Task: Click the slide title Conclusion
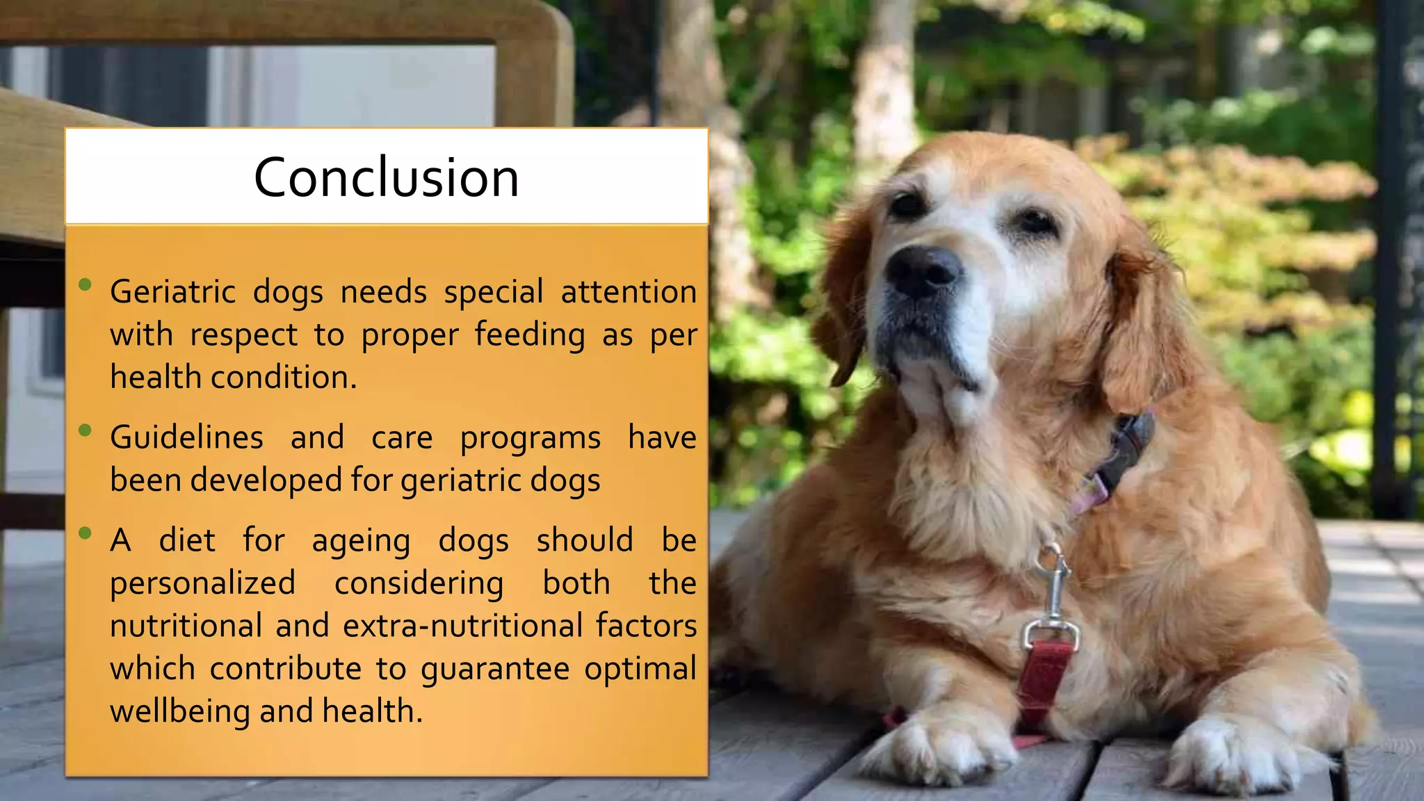(x=386, y=177)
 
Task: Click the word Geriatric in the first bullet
(x=173, y=291)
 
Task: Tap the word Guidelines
(x=186, y=437)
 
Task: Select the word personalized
(x=202, y=583)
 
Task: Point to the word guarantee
(x=495, y=669)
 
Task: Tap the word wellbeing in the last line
(x=179, y=711)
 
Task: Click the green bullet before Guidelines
(x=86, y=430)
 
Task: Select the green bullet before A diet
(x=86, y=533)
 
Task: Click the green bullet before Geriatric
(x=86, y=284)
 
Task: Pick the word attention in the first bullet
(x=629, y=291)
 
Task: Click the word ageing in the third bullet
(x=361, y=541)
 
